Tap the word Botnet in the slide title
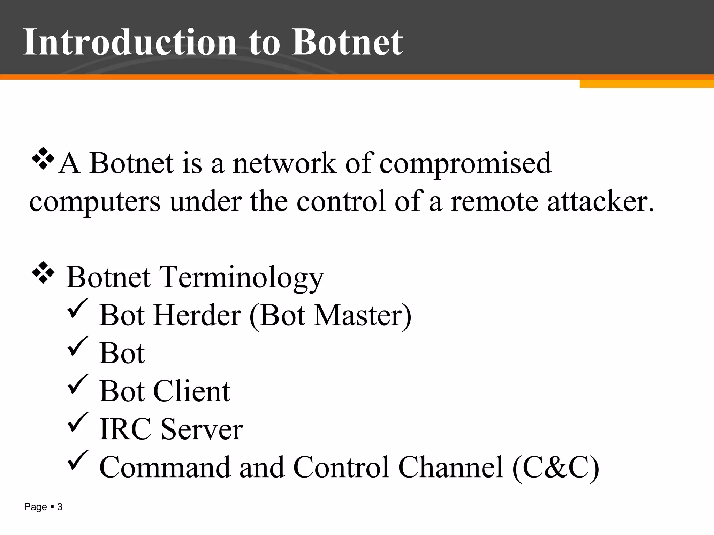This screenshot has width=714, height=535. (347, 42)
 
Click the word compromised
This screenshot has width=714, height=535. (465, 164)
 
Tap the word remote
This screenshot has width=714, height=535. (494, 202)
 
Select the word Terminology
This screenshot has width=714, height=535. (241, 278)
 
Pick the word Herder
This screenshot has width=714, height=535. (197, 315)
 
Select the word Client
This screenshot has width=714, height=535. (191, 391)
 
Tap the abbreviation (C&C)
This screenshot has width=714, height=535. (556, 467)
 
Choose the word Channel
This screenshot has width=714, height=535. (451, 467)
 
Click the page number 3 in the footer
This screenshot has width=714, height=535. (60, 507)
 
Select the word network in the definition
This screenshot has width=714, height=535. (284, 163)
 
